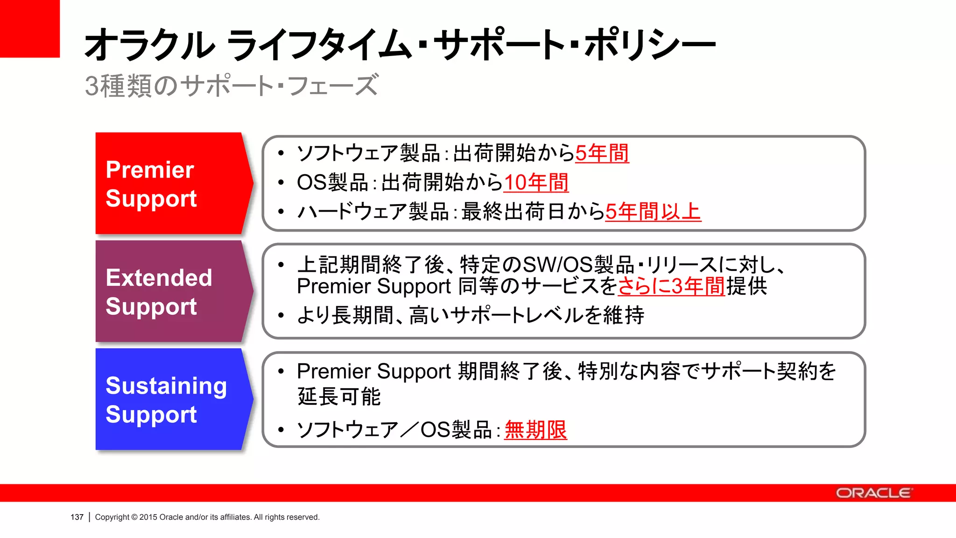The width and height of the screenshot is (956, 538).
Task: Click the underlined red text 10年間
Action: coord(536,182)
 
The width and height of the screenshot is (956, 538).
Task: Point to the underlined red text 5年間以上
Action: coord(653,212)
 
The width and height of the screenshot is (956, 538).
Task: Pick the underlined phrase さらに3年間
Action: coord(671,286)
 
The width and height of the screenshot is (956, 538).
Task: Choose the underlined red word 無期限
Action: coord(535,430)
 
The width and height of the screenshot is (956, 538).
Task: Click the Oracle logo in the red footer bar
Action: coord(873,493)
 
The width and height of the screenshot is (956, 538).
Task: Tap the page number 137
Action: coord(77,517)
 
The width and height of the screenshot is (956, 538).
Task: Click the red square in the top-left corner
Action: coord(29,28)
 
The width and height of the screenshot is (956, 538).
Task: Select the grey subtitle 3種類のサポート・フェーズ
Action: coord(231,86)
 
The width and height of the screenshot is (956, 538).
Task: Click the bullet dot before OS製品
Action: coord(281,183)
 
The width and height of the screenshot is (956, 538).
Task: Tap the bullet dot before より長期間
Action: coord(281,316)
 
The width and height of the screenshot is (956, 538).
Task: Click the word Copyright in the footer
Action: coord(112,517)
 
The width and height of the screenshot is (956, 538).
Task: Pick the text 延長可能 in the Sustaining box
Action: coord(339,396)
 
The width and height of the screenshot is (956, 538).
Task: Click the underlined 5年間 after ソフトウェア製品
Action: coord(602,153)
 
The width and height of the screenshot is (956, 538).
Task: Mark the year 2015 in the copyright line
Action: coord(148,517)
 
